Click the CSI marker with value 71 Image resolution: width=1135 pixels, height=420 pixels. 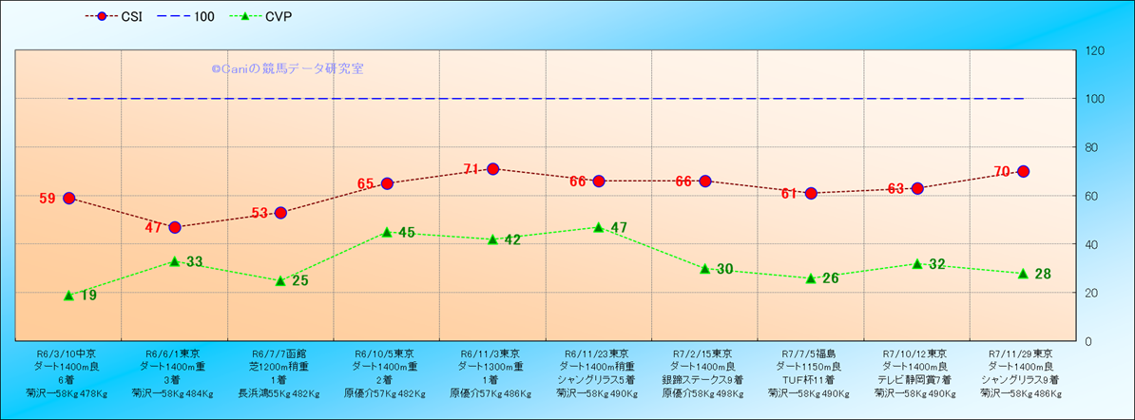492,169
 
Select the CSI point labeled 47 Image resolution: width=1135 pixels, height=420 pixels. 175,227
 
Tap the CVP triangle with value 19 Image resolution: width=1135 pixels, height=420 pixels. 68,296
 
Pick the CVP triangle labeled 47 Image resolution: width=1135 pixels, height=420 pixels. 599,228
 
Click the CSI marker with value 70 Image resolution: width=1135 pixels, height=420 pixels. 1023,171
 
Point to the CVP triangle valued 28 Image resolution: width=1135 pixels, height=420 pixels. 1023,274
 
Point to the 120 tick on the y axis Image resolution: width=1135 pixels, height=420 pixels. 1094,50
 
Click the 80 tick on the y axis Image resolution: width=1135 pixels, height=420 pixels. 1091,147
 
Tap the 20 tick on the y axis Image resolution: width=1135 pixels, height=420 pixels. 1091,293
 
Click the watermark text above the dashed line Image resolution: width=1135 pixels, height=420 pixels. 287,68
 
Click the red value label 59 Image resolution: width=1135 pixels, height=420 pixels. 48,199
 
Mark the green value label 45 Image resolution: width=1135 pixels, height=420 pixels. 406,233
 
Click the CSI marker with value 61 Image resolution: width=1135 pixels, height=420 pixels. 811,193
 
